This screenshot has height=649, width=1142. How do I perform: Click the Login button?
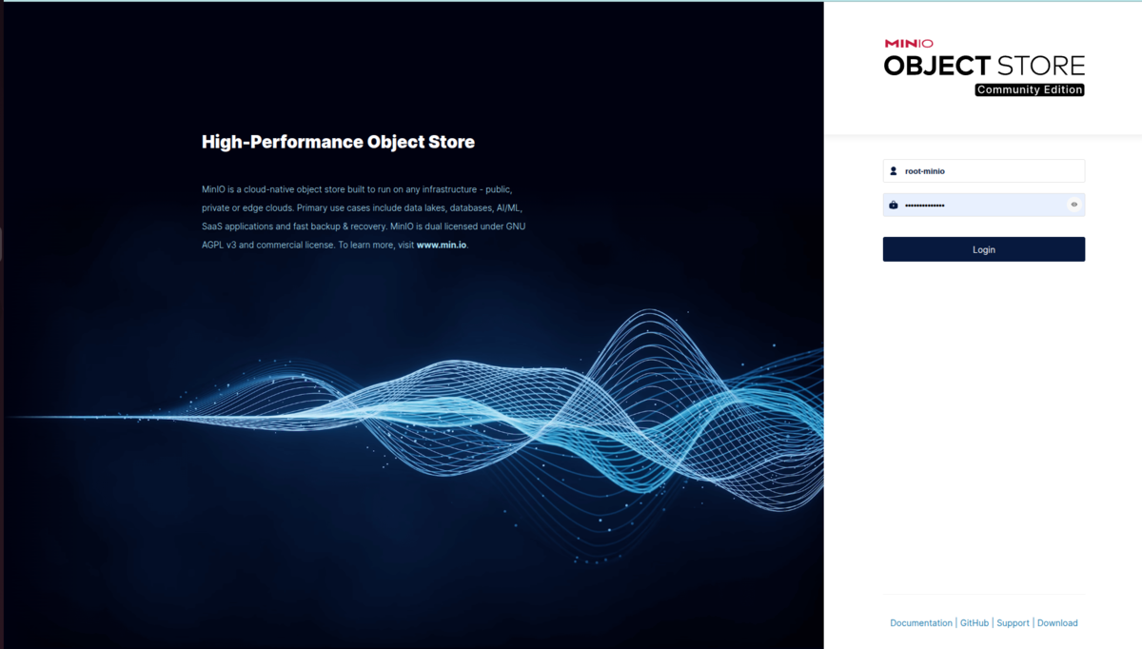[x=983, y=249]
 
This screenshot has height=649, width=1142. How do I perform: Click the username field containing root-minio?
[x=983, y=170]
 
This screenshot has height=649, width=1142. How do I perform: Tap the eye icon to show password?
[x=1073, y=205]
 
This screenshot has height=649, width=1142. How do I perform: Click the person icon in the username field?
[x=894, y=170]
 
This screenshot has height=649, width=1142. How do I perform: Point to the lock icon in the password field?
[x=894, y=205]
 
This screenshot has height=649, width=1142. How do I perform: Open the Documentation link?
[x=921, y=623]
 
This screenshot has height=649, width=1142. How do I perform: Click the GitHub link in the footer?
[x=974, y=623]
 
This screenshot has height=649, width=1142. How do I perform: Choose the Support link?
[x=1013, y=623]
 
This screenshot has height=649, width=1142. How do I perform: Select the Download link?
[x=1057, y=623]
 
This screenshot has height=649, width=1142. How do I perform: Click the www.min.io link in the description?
[x=441, y=246]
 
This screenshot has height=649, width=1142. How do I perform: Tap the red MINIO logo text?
[x=909, y=44]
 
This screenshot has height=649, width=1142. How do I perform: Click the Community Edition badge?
[x=1030, y=89]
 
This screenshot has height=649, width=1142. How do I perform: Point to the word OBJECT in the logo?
[x=937, y=67]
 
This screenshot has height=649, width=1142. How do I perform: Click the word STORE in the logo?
[x=1040, y=67]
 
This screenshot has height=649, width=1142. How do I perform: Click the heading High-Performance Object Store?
[x=338, y=142]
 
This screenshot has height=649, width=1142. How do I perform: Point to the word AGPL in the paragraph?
[x=212, y=246]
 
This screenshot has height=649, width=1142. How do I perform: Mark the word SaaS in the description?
[x=211, y=226]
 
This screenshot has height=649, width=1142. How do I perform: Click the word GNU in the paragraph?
[x=516, y=226]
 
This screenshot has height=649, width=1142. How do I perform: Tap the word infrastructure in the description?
[x=449, y=189]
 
